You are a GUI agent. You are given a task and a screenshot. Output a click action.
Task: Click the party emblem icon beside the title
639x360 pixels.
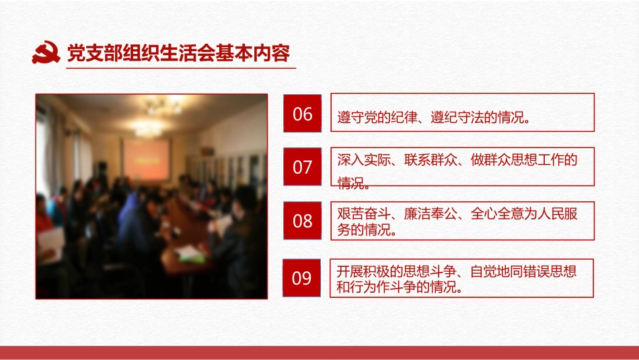pos(46,52)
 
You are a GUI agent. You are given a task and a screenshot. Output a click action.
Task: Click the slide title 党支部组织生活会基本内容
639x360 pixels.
pos(179,52)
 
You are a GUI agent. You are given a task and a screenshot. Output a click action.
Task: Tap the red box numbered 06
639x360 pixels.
pos(303,114)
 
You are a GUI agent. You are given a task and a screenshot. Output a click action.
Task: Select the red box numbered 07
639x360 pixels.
pos(303,167)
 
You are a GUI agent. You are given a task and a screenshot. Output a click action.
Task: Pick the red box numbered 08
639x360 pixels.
pos(303,221)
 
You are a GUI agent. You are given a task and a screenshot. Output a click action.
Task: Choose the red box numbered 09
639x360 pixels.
pos(303,277)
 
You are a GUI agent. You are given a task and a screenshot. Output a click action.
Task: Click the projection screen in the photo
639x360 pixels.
pos(146,159)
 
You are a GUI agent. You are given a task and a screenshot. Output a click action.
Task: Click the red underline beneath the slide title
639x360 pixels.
pos(181,67)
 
